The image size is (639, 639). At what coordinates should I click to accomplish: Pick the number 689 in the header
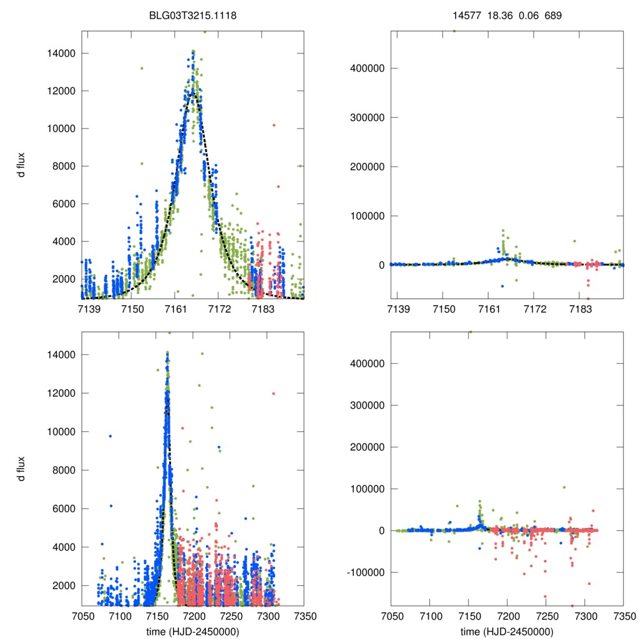pyautogui.click(x=554, y=15)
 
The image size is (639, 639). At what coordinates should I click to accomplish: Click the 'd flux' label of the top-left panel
pyautogui.click(x=21, y=165)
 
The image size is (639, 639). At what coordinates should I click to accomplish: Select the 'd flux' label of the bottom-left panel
pyautogui.click(x=21, y=468)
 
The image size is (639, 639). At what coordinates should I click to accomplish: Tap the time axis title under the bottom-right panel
pyautogui.click(x=507, y=631)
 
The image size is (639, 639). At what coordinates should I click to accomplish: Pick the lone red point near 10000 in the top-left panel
pyautogui.click(x=273, y=125)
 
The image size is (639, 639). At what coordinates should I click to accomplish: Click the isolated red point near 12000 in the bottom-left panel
pyautogui.click(x=273, y=393)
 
